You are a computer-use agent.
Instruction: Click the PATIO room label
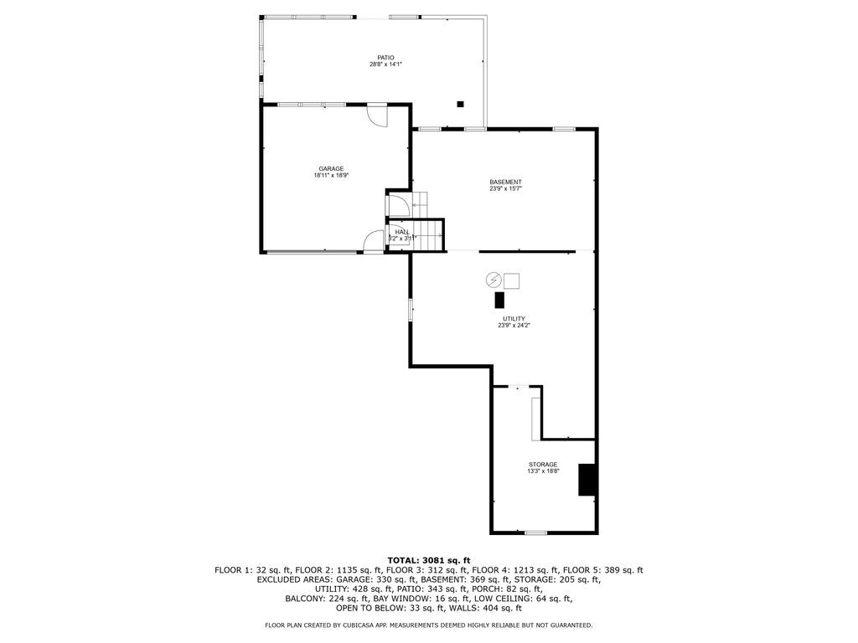(x=385, y=58)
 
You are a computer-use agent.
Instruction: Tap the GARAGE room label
(x=330, y=168)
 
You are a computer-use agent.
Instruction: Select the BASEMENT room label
(x=505, y=182)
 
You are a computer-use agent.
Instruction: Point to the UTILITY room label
(x=514, y=318)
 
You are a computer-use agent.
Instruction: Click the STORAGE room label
(x=543, y=464)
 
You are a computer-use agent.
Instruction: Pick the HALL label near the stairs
(x=402, y=232)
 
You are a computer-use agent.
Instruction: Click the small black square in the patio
(x=460, y=105)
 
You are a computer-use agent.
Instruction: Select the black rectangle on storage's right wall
(x=588, y=479)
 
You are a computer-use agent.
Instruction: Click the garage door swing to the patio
(x=378, y=116)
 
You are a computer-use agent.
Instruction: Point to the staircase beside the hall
(x=429, y=234)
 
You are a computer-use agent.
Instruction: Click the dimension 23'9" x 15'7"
(x=505, y=189)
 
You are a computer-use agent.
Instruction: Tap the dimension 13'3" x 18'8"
(x=543, y=471)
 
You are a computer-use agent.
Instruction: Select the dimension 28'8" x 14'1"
(x=385, y=64)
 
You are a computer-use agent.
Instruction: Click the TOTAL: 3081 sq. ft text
(x=428, y=560)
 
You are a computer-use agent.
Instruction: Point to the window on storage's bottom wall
(x=535, y=532)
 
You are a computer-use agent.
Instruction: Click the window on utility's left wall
(x=411, y=309)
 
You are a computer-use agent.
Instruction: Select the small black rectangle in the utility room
(x=499, y=300)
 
